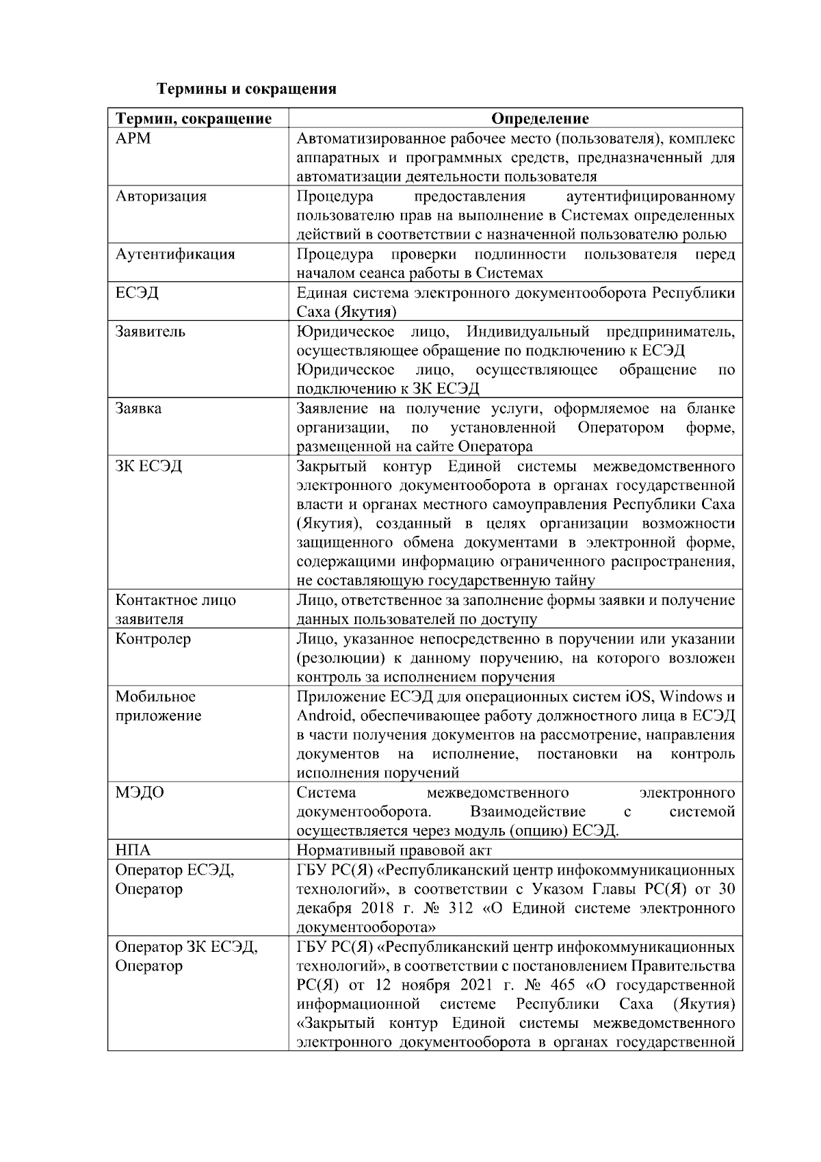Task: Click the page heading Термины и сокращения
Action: [x=246, y=89]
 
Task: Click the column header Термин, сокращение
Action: [x=193, y=119]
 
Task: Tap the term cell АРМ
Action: [x=133, y=138]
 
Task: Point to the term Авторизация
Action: [x=160, y=196]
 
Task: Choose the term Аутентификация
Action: [x=174, y=254]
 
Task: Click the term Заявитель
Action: [x=150, y=332]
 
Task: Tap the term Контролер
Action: [x=153, y=639]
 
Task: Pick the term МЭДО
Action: [x=140, y=792]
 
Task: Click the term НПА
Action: [x=133, y=851]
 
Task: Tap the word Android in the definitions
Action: [x=324, y=716]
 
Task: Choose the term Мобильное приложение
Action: [x=158, y=706]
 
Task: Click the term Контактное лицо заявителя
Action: [x=175, y=610]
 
